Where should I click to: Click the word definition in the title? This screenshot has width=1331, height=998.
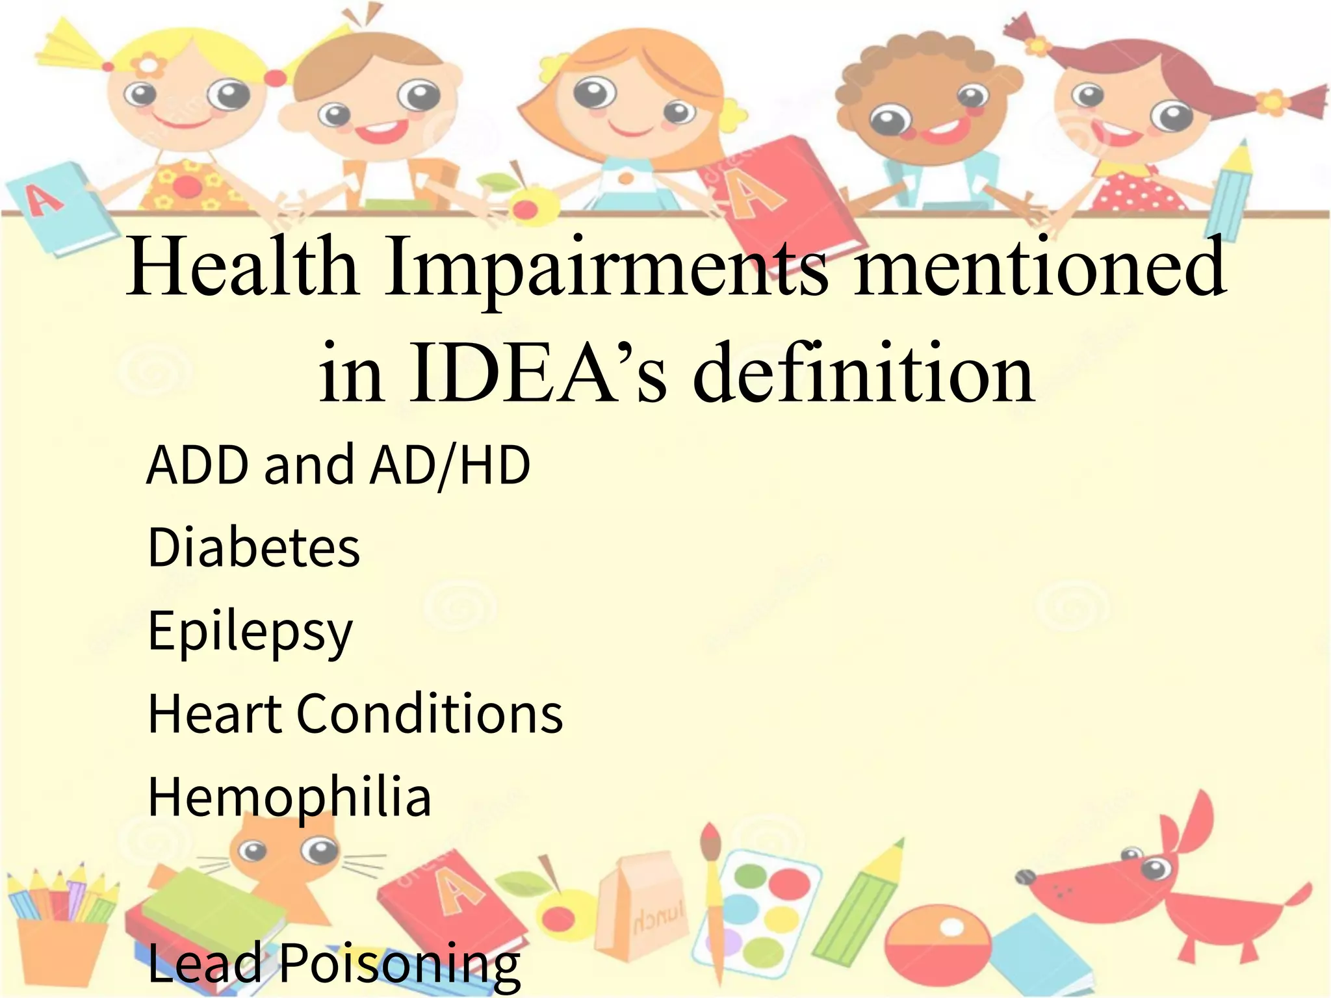(x=864, y=374)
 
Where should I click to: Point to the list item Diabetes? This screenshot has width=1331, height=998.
(x=253, y=547)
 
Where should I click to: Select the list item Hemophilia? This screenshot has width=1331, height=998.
(x=290, y=798)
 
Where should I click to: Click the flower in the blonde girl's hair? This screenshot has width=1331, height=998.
(x=149, y=64)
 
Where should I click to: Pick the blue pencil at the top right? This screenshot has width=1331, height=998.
(x=1234, y=188)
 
